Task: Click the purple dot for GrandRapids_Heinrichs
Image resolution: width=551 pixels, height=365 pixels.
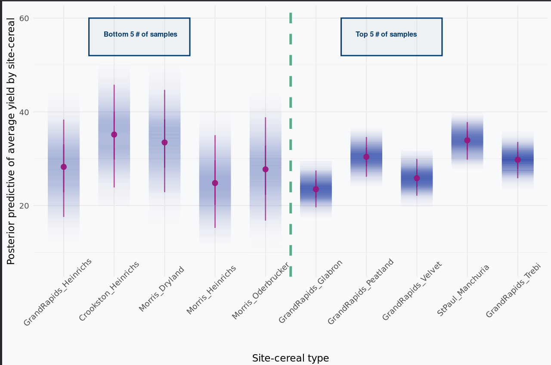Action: pos(64,167)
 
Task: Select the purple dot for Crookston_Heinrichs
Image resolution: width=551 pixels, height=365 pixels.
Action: pos(114,134)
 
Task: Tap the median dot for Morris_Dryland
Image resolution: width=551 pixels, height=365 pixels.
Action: pos(164,142)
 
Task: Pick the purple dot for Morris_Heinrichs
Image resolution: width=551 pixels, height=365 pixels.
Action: pos(215,183)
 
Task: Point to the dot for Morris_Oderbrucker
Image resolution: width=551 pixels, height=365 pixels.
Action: pos(265,169)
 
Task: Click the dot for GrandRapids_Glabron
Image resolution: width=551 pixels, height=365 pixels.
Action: pos(316,189)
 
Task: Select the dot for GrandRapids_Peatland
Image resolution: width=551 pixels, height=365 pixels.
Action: pos(366,157)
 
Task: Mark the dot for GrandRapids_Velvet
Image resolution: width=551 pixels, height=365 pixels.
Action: pos(417,178)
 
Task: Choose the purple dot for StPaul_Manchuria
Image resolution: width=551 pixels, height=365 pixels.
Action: pos(467,140)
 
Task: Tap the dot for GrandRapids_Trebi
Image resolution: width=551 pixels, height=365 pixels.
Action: pos(517,160)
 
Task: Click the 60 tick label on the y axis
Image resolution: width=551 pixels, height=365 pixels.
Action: pos(24,18)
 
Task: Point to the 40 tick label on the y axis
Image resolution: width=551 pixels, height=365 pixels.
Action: pos(24,112)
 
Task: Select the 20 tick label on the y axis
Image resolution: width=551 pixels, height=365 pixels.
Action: pos(24,206)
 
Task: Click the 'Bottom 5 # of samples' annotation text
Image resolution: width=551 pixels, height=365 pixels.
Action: pos(140,34)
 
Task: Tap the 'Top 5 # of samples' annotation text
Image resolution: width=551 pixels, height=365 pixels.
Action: pos(386,34)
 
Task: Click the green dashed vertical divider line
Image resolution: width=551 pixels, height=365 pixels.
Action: pos(291,129)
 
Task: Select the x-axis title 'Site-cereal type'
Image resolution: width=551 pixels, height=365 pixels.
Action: pos(291,358)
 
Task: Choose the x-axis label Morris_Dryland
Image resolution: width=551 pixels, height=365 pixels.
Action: pos(162,289)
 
